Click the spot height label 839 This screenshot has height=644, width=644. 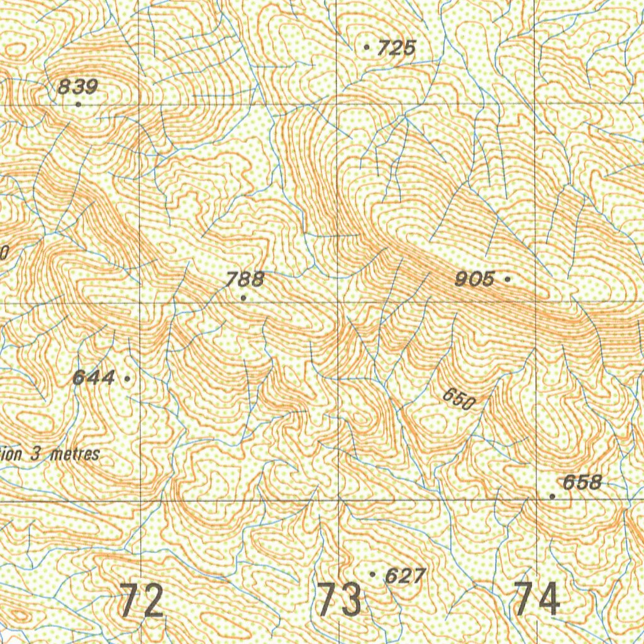(x=77, y=87)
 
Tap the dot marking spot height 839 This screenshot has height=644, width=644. (x=78, y=104)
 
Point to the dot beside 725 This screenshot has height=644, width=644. (x=367, y=47)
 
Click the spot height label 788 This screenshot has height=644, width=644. (x=245, y=280)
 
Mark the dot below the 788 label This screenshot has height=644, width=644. (x=243, y=297)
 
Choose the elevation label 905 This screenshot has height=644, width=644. (x=475, y=279)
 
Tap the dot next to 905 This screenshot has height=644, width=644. (x=508, y=277)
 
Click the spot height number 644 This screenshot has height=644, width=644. (x=94, y=378)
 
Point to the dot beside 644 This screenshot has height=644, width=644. (x=128, y=379)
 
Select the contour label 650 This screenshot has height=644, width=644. (x=458, y=399)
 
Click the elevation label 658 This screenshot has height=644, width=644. (x=582, y=482)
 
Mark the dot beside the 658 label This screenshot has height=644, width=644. (x=552, y=496)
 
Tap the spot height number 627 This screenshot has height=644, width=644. (x=405, y=575)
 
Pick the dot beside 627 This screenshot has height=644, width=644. (x=373, y=574)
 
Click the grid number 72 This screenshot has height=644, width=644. (x=142, y=600)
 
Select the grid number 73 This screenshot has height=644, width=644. (x=340, y=600)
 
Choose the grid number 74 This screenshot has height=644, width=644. (x=536, y=599)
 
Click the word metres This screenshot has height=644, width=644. (x=75, y=454)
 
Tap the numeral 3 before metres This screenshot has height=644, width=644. (x=38, y=454)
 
